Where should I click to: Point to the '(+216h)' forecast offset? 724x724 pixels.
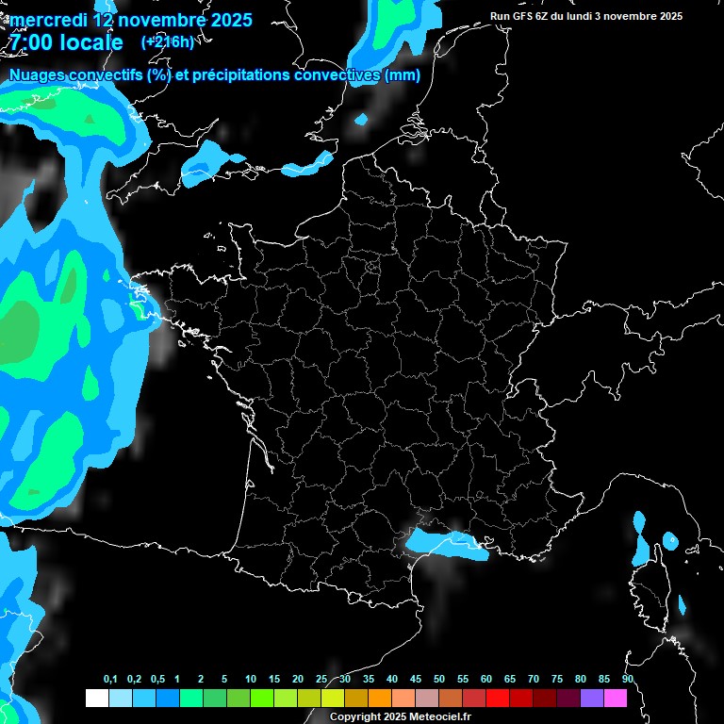point(167,41)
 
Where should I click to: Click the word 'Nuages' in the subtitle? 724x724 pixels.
point(40,75)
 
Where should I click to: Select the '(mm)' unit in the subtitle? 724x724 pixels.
point(403,75)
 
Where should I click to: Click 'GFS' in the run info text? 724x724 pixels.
point(522,16)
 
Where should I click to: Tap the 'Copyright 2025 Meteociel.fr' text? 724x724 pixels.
point(400,717)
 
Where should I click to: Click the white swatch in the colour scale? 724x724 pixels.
point(96,699)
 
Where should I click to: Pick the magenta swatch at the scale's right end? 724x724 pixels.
point(615,699)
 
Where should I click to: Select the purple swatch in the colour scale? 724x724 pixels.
point(591,699)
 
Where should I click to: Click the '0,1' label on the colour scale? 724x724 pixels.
point(110,680)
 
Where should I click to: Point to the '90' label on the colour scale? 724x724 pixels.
point(628,680)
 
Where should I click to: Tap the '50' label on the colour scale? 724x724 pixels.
point(439,680)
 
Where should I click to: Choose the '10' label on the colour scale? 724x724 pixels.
point(251,680)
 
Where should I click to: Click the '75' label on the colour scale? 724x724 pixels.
point(557,680)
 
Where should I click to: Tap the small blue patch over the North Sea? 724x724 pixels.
point(361,120)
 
